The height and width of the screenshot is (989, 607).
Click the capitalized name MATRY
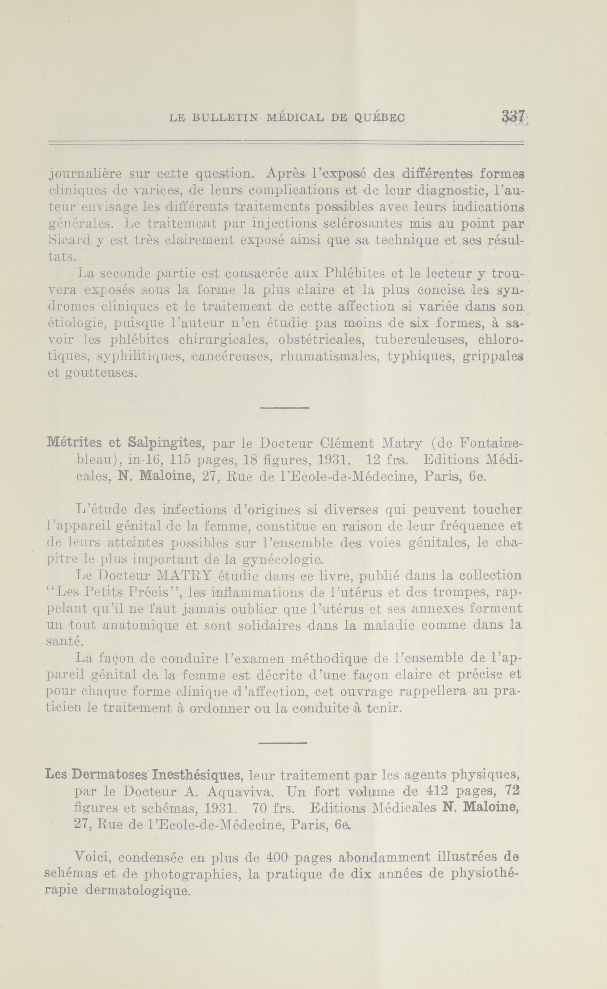click(182, 576)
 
